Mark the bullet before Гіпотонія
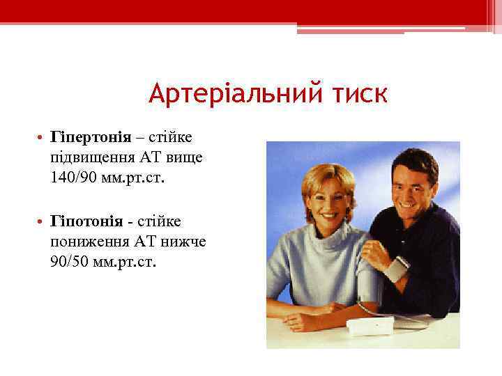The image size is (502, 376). coord(43,221)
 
